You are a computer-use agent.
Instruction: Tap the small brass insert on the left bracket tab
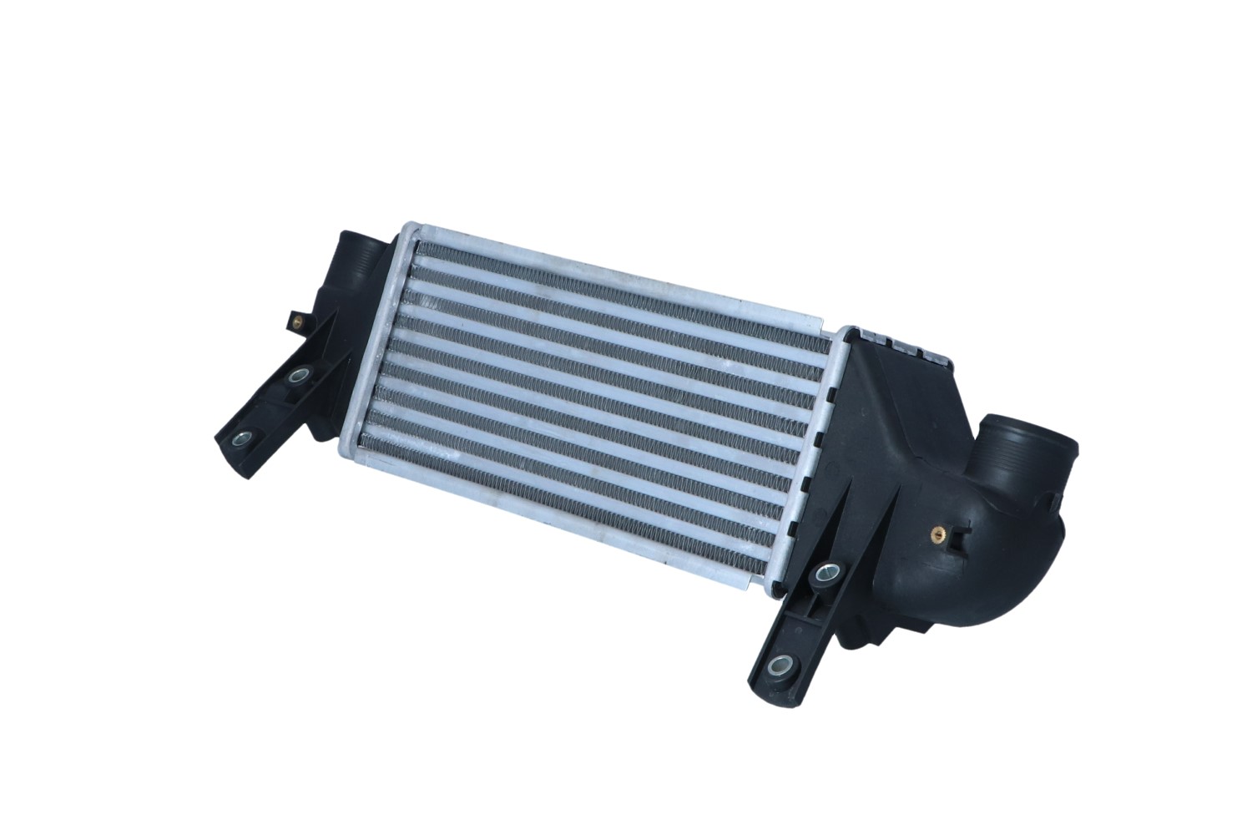[295, 319]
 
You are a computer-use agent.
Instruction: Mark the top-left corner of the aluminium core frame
[407, 228]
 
